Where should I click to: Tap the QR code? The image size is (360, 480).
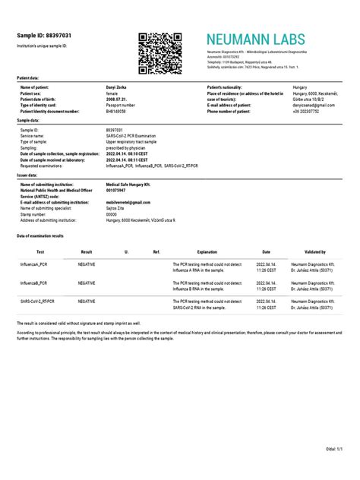coord(160,52)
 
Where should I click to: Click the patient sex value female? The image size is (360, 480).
coord(113,94)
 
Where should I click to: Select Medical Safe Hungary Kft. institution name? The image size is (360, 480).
coord(131,184)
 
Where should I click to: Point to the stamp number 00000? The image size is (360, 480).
coord(112,213)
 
